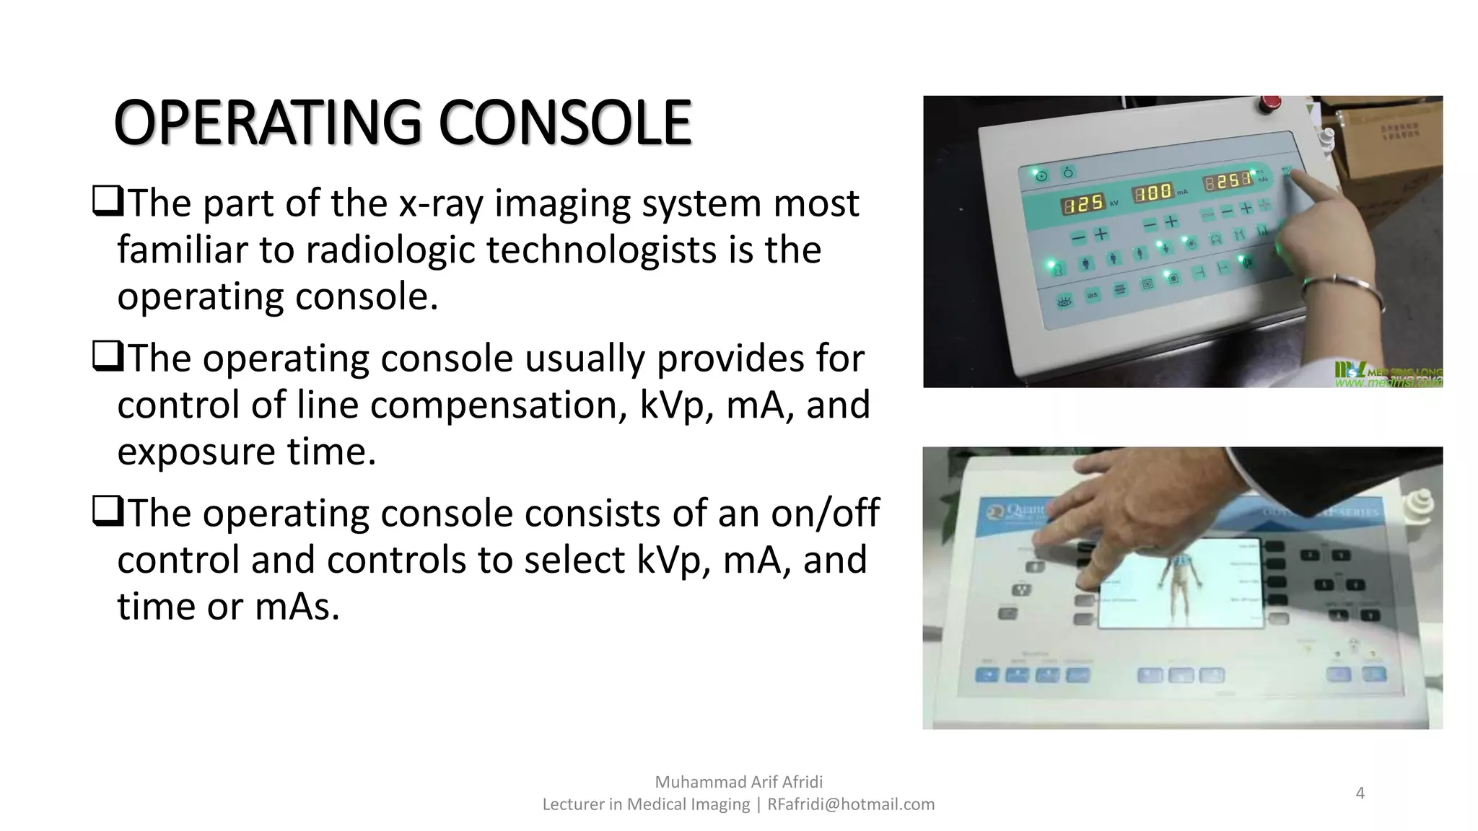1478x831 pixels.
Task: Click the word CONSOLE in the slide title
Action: click(x=564, y=123)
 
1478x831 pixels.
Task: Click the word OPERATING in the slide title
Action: click(x=267, y=123)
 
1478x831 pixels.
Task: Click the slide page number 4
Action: click(x=1360, y=793)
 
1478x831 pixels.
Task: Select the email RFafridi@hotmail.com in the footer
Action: click(x=851, y=804)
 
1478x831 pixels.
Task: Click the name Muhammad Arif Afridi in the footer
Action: click(x=738, y=782)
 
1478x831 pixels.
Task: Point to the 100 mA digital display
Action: click(x=1153, y=193)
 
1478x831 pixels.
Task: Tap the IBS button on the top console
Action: click(x=1092, y=295)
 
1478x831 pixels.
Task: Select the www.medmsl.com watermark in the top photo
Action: click(x=1387, y=383)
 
